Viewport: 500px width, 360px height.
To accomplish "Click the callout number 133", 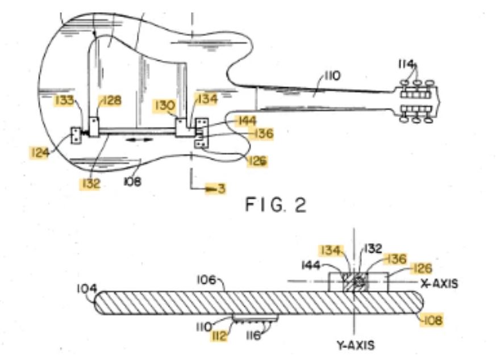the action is (65, 101).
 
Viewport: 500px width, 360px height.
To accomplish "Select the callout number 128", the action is (111, 101).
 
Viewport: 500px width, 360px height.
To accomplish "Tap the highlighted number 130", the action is (165, 106).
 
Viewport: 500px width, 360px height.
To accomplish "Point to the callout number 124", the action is (40, 153).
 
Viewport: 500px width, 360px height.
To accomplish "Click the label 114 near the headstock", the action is (406, 65).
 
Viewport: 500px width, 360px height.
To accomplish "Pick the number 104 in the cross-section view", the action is (87, 289).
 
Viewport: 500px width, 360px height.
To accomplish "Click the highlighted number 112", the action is (219, 336).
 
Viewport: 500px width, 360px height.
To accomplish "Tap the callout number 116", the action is (253, 336).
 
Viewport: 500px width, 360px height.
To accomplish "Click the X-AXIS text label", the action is (439, 283).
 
